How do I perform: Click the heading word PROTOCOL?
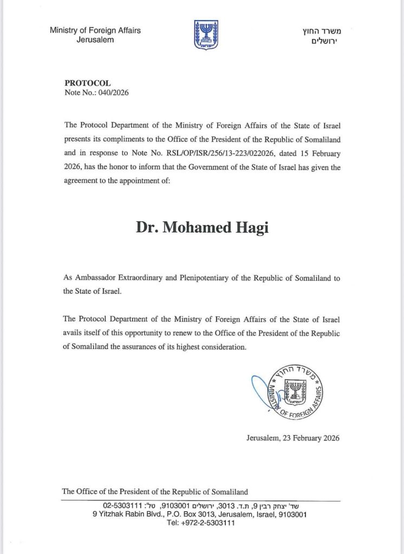[x=87, y=83]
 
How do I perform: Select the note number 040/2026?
[x=112, y=93]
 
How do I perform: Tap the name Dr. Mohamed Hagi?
[x=201, y=227]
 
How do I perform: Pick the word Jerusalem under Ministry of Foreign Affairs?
[x=95, y=40]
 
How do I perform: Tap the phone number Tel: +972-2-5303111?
[x=200, y=523]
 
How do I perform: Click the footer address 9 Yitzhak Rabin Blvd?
[x=129, y=515]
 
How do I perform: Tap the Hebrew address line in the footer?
[x=200, y=505]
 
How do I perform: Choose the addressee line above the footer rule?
[x=155, y=492]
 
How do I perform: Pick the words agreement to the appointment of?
[x=116, y=181]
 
